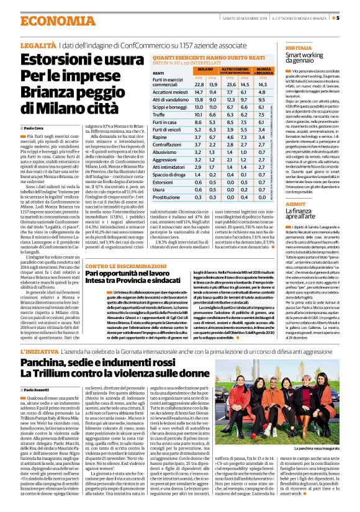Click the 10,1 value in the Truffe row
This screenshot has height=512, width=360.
pos(200,132)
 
